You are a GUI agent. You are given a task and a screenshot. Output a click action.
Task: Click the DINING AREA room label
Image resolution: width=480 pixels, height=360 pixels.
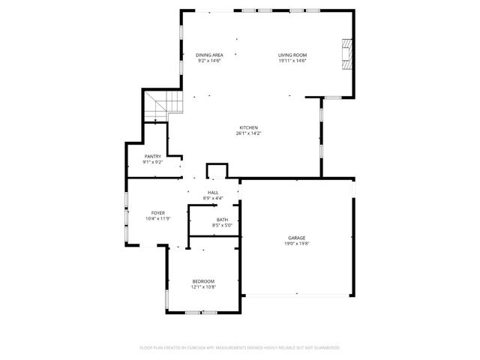click(x=210, y=55)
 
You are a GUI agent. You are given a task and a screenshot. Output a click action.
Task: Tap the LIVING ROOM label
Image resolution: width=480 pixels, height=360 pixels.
click(x=292, y=55)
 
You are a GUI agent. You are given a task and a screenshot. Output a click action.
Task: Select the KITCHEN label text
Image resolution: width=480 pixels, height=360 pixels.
click(x=249, y=127)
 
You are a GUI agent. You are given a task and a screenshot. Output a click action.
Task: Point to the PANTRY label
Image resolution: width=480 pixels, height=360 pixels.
click(x=153, y=156)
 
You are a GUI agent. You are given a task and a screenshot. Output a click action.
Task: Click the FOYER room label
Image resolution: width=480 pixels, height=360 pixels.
click(x=157, y=213)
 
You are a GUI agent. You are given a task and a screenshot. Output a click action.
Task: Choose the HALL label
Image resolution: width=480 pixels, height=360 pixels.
click(x=213, y=193)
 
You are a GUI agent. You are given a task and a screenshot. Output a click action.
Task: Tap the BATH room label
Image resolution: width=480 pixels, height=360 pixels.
click(x=223, y=219)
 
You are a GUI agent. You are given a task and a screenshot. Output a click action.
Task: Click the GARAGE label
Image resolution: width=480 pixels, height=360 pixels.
click(x=296, y=238)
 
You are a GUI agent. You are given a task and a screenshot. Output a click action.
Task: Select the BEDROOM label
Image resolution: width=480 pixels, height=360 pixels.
click(x=203, y=280)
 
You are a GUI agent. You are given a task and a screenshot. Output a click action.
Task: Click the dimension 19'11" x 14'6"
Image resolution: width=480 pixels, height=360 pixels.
click(x=292, y=61)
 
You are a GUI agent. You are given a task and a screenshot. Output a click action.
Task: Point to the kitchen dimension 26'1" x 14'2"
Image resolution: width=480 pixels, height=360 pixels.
click(x=249, y=133)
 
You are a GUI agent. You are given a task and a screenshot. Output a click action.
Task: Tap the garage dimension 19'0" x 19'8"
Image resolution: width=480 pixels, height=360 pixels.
click(x=296, y=243)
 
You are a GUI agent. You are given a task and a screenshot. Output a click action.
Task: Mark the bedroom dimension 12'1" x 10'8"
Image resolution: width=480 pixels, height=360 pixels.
click(x=203, y=286)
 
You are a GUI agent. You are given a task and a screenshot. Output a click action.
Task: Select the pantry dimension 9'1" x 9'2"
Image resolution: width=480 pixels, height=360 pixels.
click(x=153, y=162)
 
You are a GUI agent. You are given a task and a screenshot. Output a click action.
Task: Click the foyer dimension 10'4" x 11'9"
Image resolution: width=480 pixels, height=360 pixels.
click(x=157, y=218)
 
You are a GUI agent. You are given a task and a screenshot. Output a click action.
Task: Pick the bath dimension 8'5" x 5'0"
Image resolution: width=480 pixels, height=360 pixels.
click(x=223, y=225)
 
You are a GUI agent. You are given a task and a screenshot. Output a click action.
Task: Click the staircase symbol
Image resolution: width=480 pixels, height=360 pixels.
click(x=162, y=104)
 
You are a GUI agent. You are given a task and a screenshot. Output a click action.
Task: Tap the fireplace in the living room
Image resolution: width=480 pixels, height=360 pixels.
click(x=346, y=54)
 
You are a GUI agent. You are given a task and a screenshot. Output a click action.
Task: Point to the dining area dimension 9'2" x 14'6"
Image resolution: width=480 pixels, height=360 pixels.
click(x=210, y=61)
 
